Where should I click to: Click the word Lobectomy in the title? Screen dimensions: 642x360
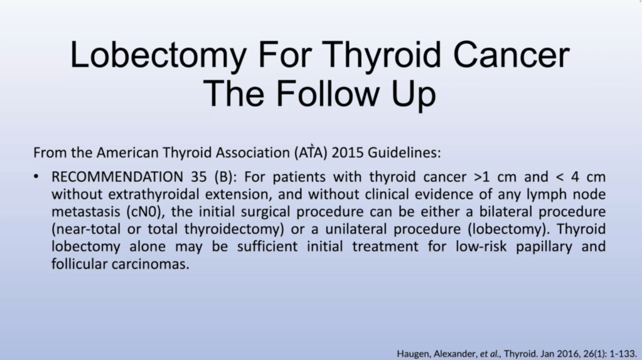point(158,55)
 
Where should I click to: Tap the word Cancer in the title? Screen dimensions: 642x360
point(511,55)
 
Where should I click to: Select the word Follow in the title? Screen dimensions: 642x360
point(328,93)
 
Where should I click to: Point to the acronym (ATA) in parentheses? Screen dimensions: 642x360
point(311,152)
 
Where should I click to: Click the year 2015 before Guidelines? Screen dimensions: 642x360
point(348,152)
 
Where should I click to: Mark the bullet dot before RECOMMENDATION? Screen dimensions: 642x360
point(36,177)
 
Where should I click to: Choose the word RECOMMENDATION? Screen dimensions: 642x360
point(117,177)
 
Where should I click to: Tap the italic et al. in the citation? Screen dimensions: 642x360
point(490,354)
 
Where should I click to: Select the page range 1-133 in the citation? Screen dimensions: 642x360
point(623,354)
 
